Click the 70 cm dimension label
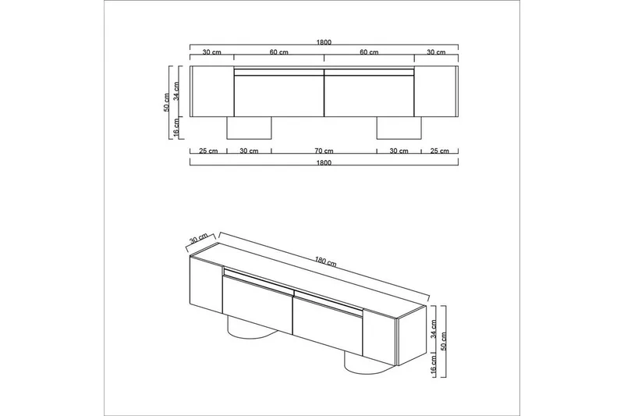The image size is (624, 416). (x=324, y=151)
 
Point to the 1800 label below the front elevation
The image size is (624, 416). (x=324, y=163)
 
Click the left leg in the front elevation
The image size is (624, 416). (x=249, y=129)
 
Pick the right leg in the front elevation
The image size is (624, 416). (x=399, y=129)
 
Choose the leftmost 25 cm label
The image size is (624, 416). (x=207, y=151)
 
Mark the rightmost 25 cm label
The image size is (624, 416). (x=438, y=151)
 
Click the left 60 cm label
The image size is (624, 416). (x=278, y=53)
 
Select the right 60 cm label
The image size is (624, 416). (x=369, y=53)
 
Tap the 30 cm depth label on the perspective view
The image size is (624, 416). (x=199, y=238)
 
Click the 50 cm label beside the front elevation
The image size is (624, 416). (x=167, y=102)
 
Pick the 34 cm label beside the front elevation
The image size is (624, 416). (x=177, y=91)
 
